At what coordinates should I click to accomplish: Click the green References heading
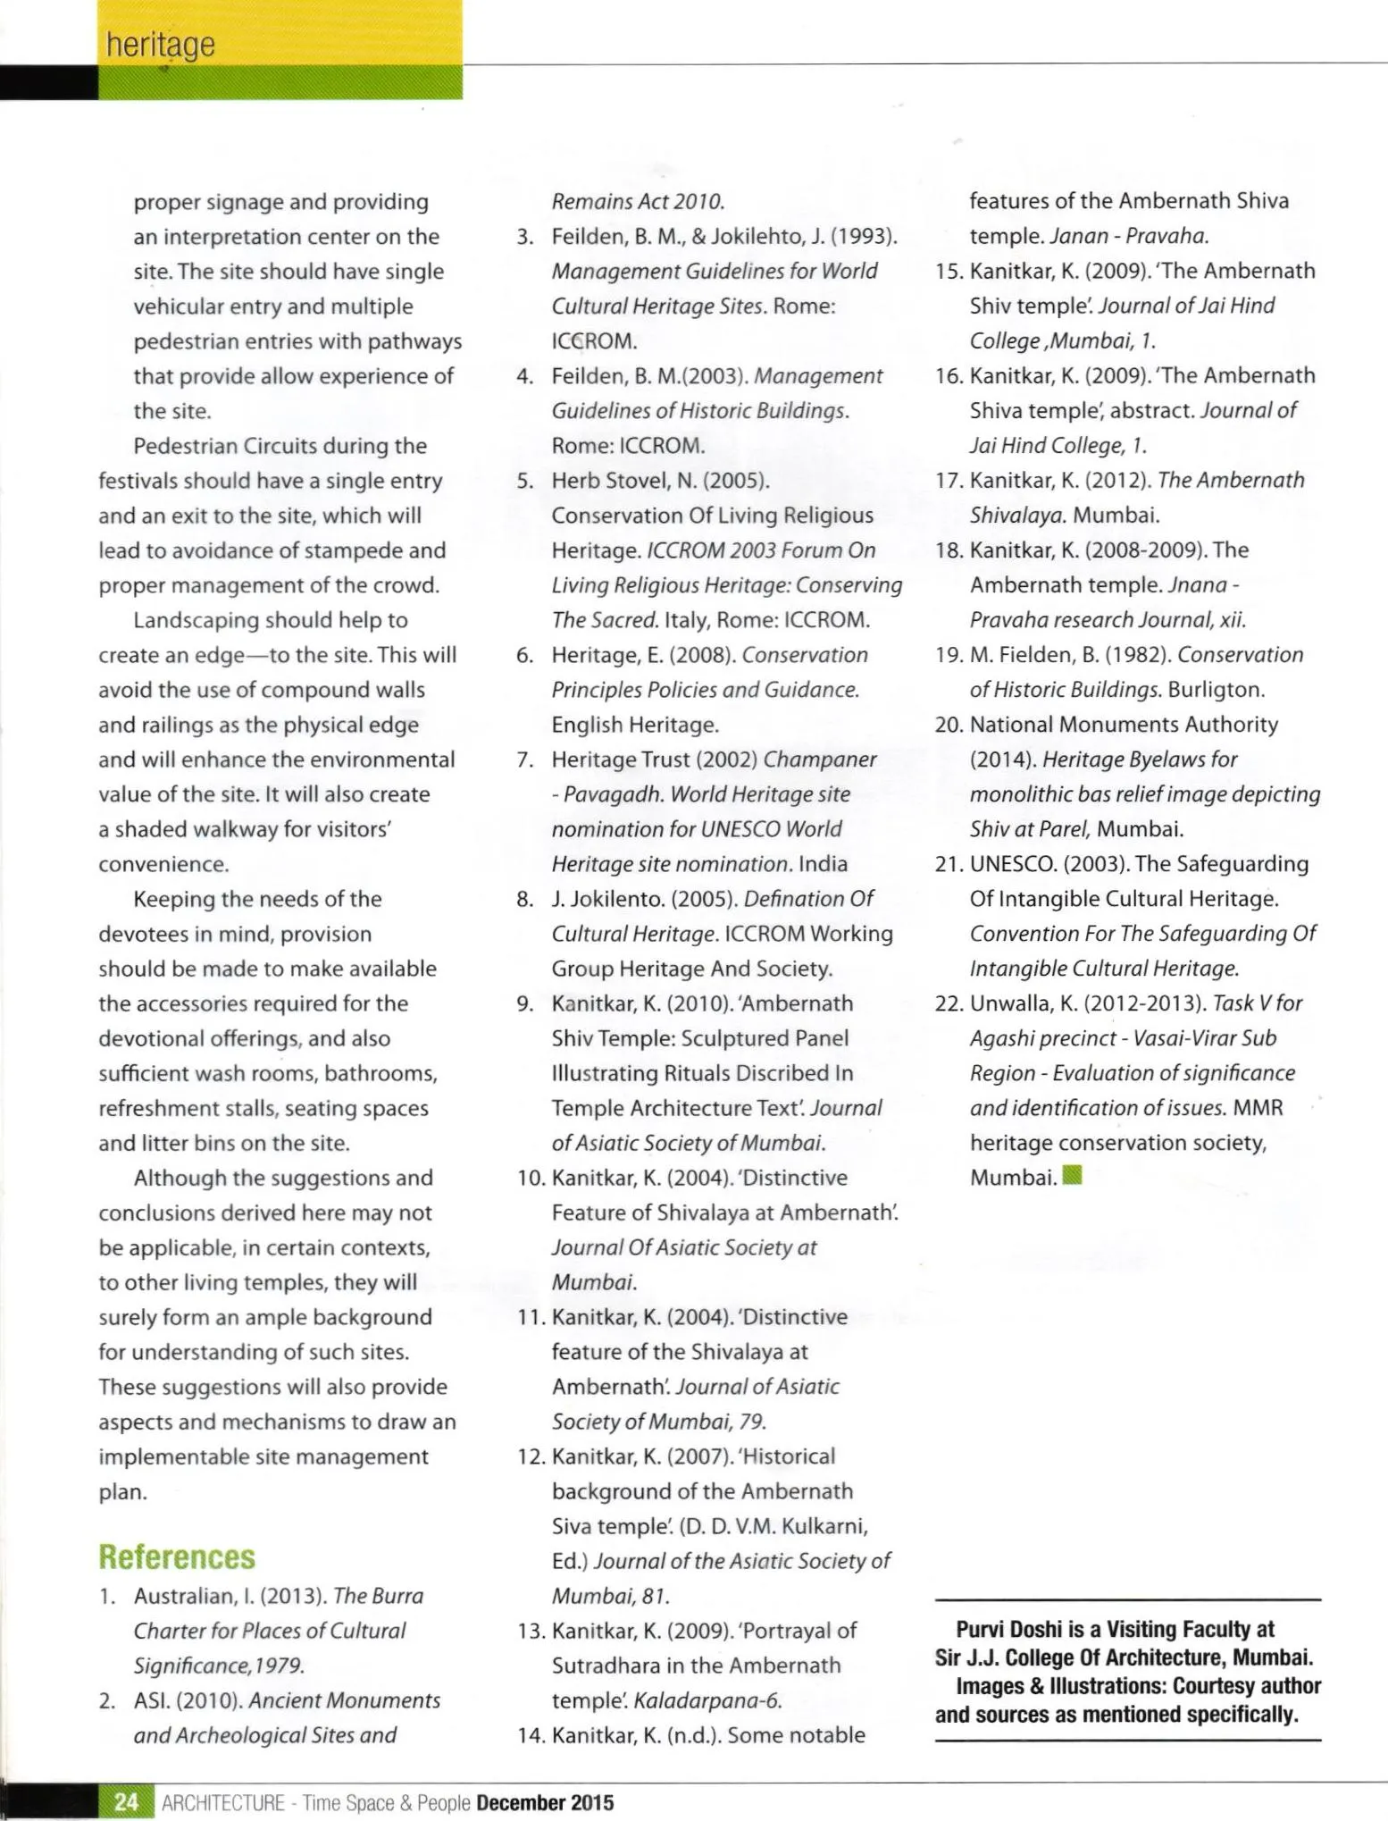(x=177, y=1557)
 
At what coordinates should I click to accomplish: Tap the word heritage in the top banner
(x=160, y=45)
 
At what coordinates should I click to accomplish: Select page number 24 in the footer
(x=127, y=1801)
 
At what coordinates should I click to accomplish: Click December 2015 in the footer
(x=545, y=1802)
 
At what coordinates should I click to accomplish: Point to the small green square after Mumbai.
(x=1074, y=1175)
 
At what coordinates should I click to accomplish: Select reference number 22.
(x=948, y=1003)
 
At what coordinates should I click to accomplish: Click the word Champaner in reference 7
(x=820, y=759)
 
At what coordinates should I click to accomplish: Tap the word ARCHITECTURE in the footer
(x=222, y=1802)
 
